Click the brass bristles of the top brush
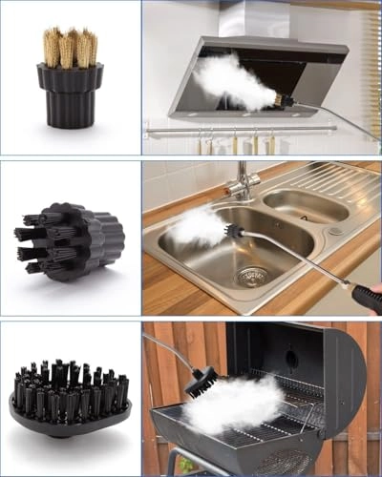(70, 48)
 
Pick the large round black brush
(70, 396)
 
